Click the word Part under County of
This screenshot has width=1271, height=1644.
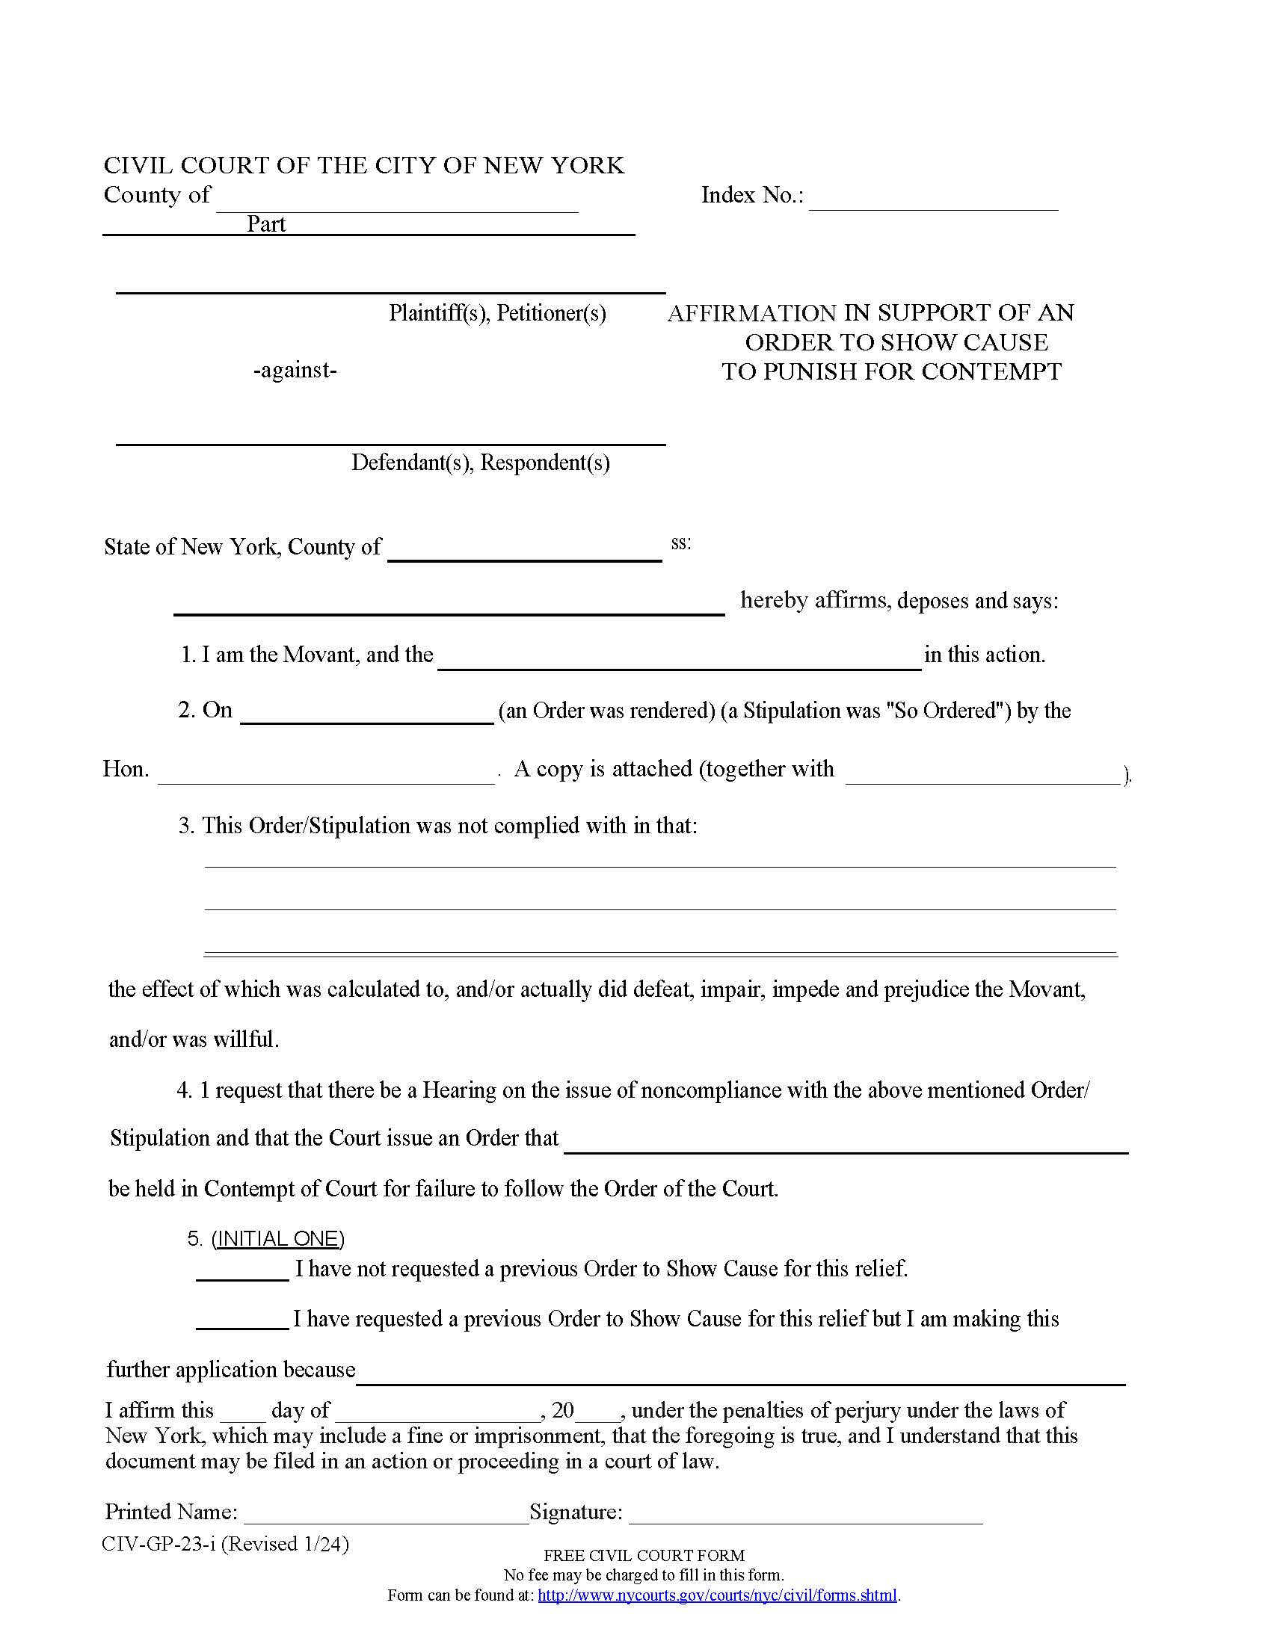266,223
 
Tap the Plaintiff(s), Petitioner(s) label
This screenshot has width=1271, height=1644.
497,312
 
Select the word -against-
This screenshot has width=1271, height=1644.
295,370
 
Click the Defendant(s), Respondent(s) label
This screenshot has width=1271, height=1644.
481,461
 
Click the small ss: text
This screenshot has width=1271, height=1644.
680,543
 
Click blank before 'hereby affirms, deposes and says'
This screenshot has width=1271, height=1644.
449,605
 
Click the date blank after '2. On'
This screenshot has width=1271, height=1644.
366,715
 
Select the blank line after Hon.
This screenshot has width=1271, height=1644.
326,776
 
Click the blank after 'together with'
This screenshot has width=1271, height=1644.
982,776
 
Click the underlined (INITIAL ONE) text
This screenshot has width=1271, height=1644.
278,1238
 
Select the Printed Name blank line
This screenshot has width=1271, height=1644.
386,1515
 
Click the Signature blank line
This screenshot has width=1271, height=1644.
806,1515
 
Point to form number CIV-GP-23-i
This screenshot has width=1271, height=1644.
159,1544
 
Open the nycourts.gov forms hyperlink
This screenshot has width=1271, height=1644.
717,1595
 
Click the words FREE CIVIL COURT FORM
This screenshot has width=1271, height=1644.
644,1555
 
